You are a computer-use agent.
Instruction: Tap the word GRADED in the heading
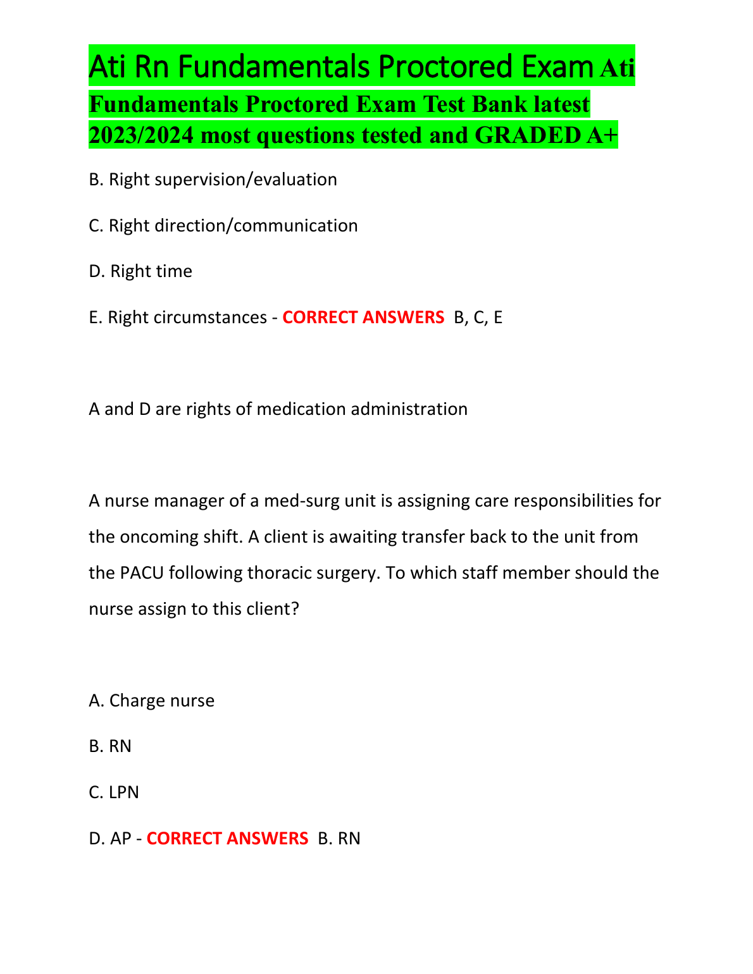[528, 135]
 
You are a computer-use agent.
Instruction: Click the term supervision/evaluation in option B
[246, 180]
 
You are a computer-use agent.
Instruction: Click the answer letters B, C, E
[478, 317]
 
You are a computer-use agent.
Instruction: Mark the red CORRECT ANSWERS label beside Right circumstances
[363, 317]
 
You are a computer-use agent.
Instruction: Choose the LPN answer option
[123, 792]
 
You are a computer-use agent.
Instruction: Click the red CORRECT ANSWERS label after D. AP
[227, 839]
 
